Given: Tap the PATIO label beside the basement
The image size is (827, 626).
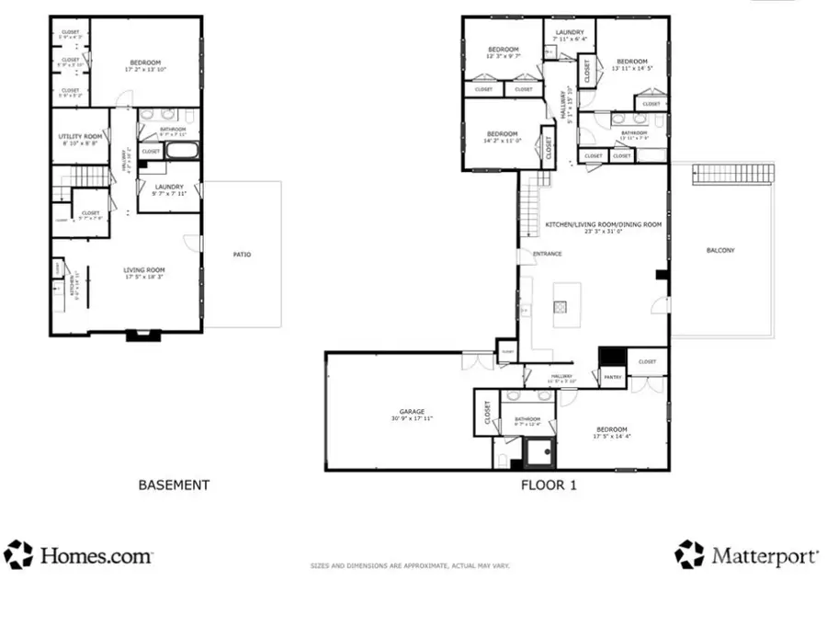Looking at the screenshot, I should pos(243,255).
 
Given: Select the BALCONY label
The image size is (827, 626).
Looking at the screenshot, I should pos(720,250).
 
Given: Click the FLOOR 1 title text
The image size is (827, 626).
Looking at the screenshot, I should pos(549,484).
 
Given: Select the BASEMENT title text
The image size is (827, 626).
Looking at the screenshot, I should pos(174,484).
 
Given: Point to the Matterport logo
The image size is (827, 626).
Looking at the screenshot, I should pos(746,554).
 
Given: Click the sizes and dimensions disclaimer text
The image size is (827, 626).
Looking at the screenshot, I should pos(409,565).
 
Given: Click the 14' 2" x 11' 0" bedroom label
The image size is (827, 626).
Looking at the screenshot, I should pos(502,137).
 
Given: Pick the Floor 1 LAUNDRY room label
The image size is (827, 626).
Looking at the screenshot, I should pos(570,35).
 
